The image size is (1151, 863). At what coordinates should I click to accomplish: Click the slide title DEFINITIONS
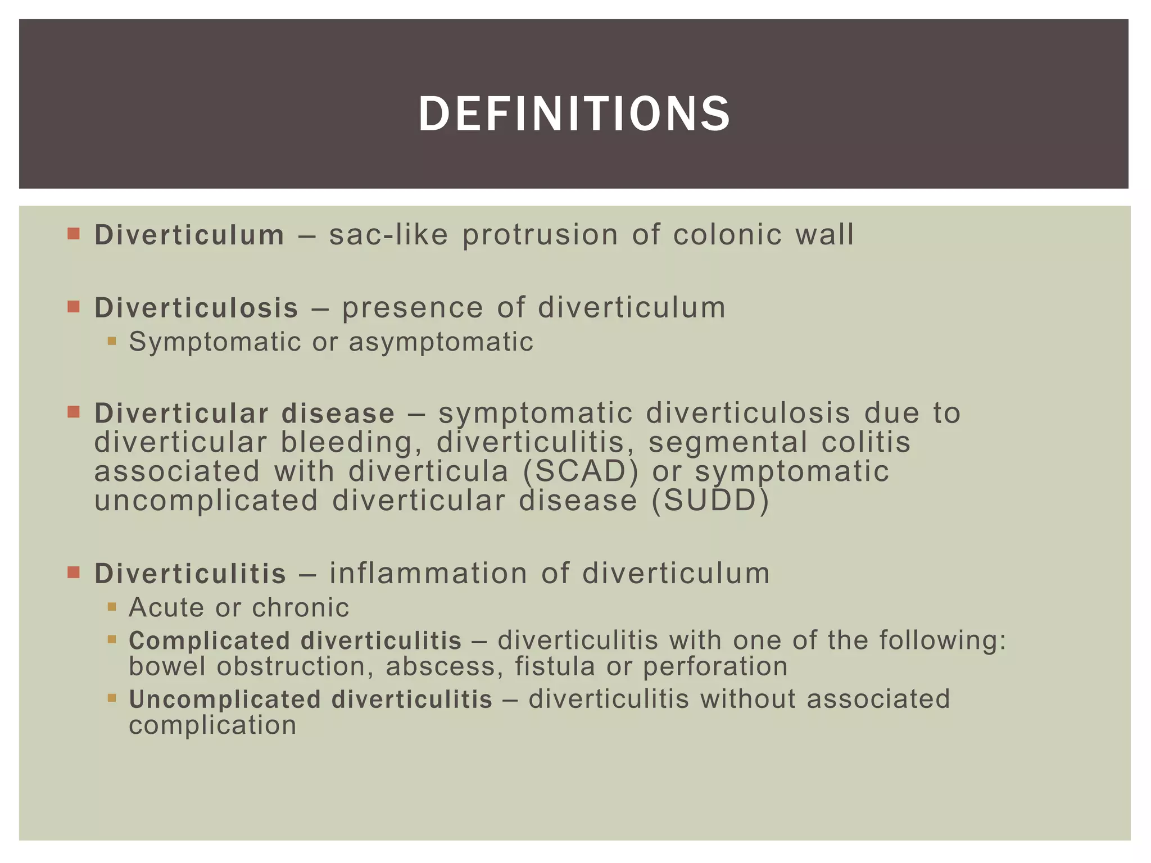coord(574,114)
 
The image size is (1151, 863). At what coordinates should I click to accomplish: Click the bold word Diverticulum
coord(189,235)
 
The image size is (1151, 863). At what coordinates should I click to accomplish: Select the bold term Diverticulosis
coord(196,308)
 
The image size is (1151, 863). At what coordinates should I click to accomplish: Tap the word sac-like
coord(388,235)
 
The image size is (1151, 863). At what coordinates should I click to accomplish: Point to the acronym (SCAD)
coord(581,471)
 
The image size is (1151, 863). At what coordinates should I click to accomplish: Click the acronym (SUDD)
coord(710,500)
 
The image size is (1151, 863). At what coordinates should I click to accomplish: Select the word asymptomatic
coord(441,342)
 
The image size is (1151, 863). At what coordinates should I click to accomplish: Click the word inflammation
coord(428,574)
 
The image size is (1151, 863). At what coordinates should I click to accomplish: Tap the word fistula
coord(555,667)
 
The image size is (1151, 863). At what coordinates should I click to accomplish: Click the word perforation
coord(715,667)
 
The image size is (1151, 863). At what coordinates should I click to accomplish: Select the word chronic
coord(300,607)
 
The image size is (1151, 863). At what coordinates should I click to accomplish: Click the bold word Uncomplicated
coord(224,700)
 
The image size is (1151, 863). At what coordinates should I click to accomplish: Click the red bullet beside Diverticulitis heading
coord(74,573)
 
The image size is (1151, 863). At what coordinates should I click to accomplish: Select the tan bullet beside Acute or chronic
coord(112,607)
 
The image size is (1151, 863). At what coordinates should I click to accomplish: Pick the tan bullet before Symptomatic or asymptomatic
coord(112,340)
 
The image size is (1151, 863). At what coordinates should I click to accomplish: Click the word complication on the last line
coord(212,725)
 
